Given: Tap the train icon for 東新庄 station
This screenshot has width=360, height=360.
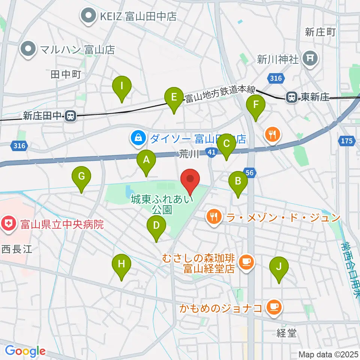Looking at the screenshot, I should [x=291, y=97].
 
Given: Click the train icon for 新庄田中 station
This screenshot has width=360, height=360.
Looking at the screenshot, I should [x=69, y=116].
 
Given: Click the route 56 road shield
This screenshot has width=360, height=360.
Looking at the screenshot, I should [x=250, y=172].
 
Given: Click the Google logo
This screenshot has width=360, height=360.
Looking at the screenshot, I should [x=25, y=351].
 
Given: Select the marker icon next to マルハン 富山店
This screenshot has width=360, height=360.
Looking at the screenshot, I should [x=28, y=49].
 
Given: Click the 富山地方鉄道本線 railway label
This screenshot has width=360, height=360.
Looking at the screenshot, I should [x=220, y=94].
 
